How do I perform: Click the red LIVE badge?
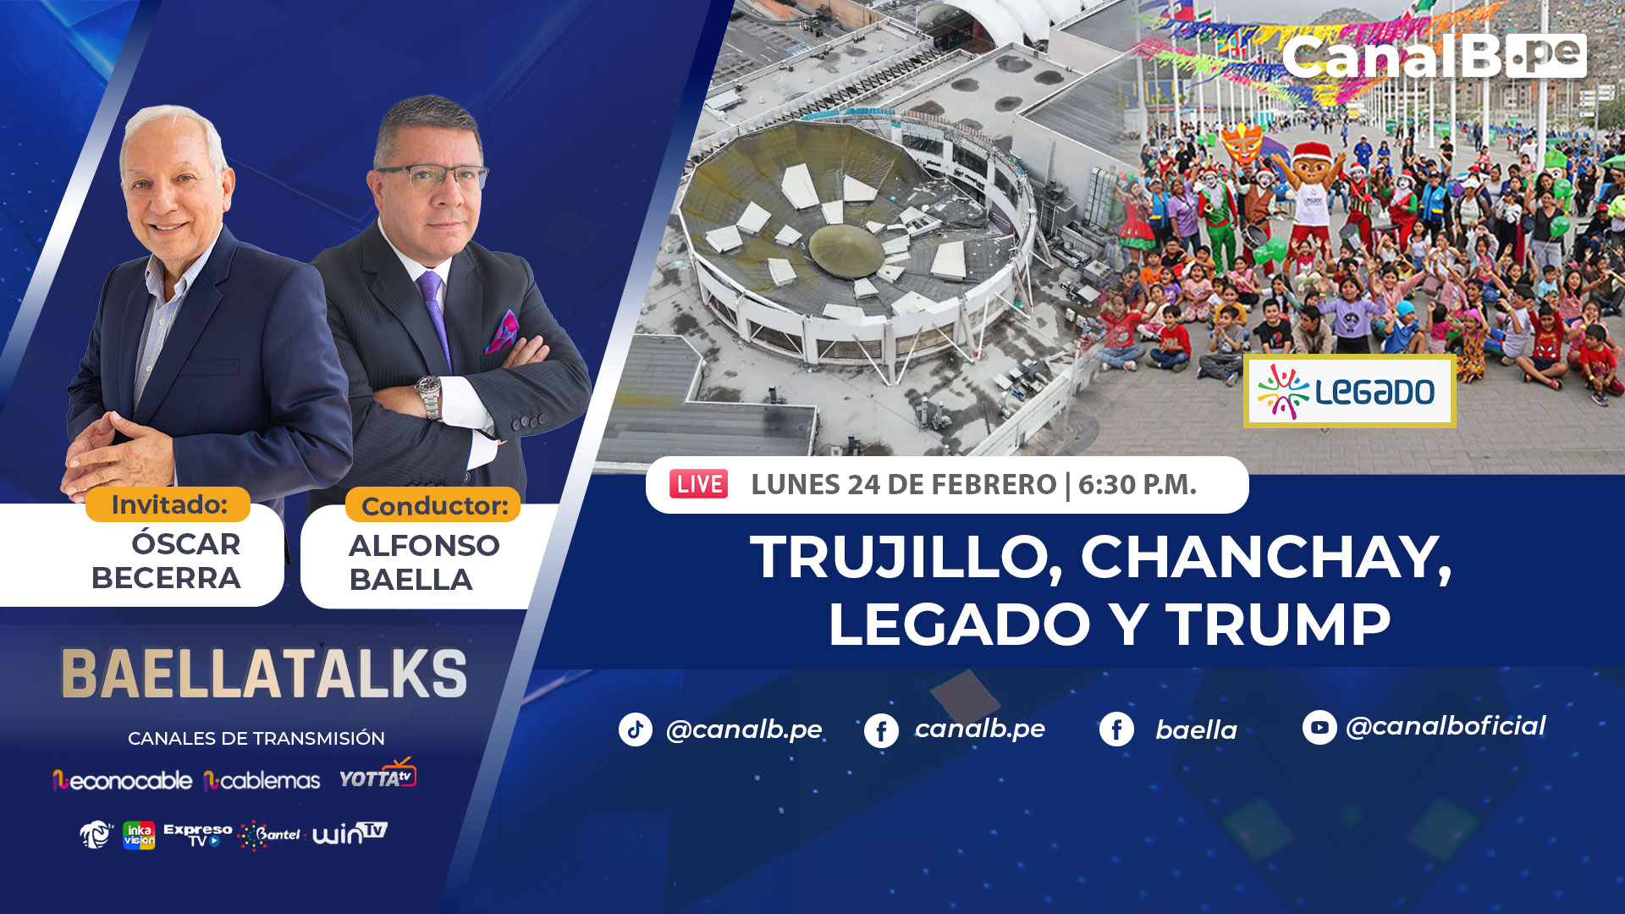[x=698, y=484]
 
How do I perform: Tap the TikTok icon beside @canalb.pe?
[x=636, y=730]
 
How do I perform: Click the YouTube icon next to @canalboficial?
[x=1319, y=727]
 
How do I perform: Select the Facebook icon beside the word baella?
[x=1116, y=729]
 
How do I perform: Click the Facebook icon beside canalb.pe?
[x=881, y=730]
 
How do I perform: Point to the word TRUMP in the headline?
[x=1279, y=625]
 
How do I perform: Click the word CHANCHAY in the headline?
[x=1266, y=558]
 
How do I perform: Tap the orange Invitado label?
[x=168, y=504]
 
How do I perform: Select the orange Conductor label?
[x=433, y=505]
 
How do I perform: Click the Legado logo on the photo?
[x=1349, y=392]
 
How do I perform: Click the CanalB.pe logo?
[x=1434, y=57]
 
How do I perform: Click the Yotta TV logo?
[x=377, y=774]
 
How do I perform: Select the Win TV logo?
[x=350, y=833]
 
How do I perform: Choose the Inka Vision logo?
[x=139, y=835]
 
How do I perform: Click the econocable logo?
[x=123, y=780]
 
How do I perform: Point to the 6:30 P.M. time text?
[x=1137, y=485]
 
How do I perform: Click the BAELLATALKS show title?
[x=264, y=674]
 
